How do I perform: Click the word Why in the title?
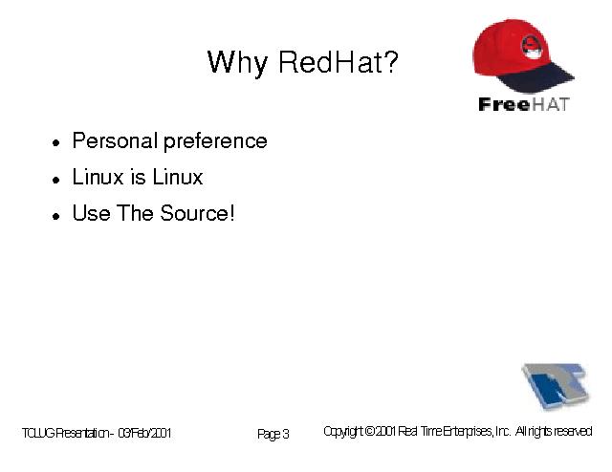coord(237,63)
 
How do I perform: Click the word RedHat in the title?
coord(329,62)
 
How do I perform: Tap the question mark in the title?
coord(389,61)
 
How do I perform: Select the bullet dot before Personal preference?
coord(56,142)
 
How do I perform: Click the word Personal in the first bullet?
coord(115,140)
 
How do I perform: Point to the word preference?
coord(215,142)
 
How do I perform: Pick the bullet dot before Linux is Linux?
coord(56,180)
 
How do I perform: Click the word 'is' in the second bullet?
coord(138,177)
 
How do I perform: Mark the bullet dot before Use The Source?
coord(56,216)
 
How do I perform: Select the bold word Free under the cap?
coord(504,104)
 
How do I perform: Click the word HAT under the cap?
coord(551,104)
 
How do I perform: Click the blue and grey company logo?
coord(556,386)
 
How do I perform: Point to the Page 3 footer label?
coord(273,434)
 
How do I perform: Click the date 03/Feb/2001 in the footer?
coord(144,433)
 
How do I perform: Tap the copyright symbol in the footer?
coord(370,431)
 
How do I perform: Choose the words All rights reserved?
coord(554,431)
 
